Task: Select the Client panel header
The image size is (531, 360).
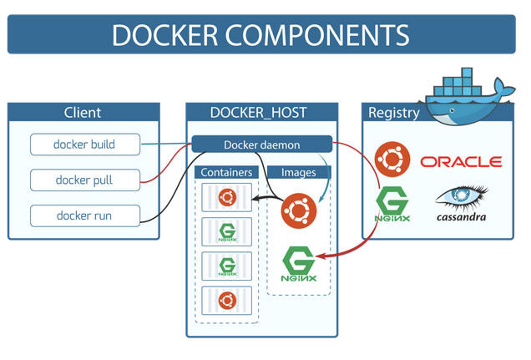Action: (x=83, y=113)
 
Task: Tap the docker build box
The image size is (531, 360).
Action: (x=83, y=145)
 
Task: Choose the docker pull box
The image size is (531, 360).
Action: (x=83, y=180)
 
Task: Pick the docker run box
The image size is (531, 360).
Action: (x=83, y=216)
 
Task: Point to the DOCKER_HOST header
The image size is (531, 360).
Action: (x=261, y=113)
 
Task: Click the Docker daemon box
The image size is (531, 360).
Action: (x=262, y=145)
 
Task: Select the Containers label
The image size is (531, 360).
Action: (x=226, y=173)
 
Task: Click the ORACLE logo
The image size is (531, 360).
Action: (x=461, y=161)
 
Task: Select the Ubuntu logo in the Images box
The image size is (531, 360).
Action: (x=298, y=210)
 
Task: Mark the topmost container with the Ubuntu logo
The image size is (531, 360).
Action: (x=226, y=197)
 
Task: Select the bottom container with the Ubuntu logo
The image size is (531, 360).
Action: (x=226, y=300)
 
